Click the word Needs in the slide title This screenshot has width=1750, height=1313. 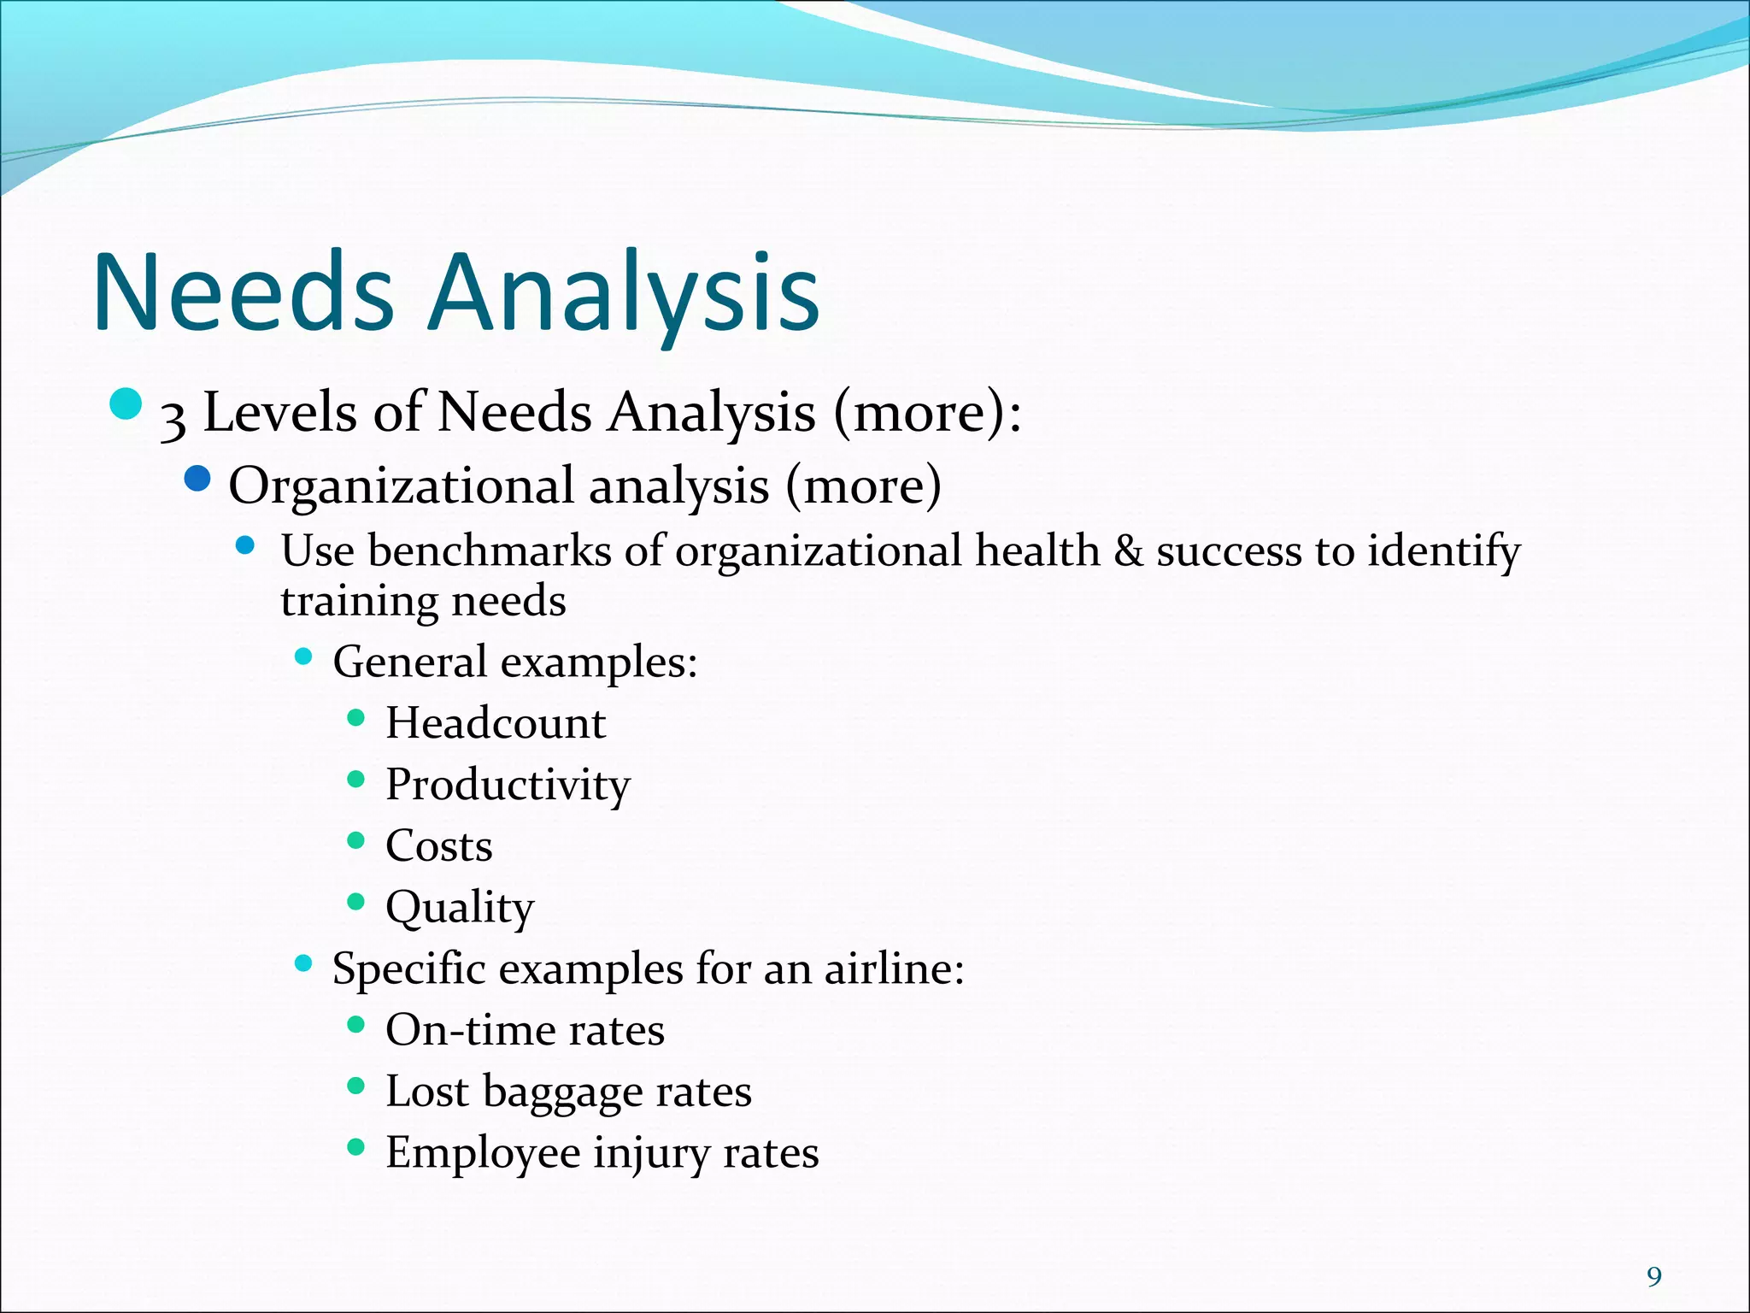pyautogui.click(x=244, y=292)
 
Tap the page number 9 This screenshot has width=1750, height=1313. pyautogui.click(x=1654, y=1277)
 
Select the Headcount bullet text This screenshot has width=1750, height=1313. pyautogui.click(x=496, y=723)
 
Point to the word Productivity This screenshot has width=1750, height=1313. pyautogui.click(x=508, y=785)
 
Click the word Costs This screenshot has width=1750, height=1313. pyautogui.click(x=438, y=846)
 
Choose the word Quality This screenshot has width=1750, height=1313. pyautogui.click(x=460, y=908)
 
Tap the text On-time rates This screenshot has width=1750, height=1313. pyautogui.click(x=525, y=1030)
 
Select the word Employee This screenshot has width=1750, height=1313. pyautogui.click(x=483, y=1153)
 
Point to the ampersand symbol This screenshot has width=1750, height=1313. pyautogui.click(x=1129, y=551)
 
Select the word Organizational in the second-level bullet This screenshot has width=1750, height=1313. pyautogui.click(x=402, y=486)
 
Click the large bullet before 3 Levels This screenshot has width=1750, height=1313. pyautogui.click(x=126, y=404)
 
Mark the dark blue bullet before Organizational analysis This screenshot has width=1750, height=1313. pyautogui.click(x=197, y=479)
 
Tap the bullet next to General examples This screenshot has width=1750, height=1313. pyautogui.click(x=303, y=656)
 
